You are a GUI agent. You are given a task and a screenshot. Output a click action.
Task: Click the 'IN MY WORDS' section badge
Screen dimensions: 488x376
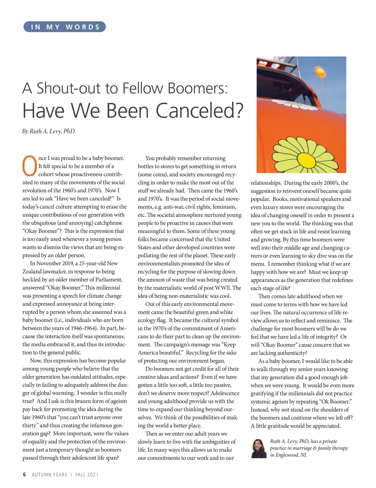point(65,27)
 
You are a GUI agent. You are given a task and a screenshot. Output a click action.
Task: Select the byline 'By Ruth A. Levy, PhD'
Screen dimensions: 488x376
point(49,131)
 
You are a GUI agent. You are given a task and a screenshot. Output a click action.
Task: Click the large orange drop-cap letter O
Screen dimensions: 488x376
point(29,166)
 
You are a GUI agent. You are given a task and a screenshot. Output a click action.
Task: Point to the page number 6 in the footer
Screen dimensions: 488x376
point(24,475)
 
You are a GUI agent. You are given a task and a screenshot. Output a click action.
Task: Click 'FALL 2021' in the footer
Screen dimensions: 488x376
point(87,475)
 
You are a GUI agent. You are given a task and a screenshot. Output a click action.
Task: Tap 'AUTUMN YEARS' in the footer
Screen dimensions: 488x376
point(50,475)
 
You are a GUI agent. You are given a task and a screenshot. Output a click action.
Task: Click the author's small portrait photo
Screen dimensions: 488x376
point(259,449)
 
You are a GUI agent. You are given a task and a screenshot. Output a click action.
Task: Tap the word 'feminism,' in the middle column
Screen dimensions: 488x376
point(224,207)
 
